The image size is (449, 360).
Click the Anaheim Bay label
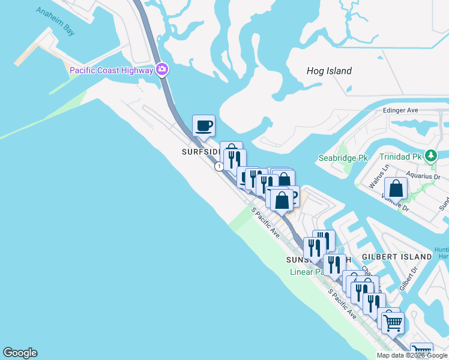coord(55,21)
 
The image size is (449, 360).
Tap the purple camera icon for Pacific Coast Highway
coord(161,70)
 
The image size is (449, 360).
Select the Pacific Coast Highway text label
coord(112,70)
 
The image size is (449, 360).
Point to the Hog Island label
coord(329,71)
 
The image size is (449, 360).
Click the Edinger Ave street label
coord(400,110)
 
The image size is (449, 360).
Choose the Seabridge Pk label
coord(342,158)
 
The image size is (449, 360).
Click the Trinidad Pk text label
coord(400,157)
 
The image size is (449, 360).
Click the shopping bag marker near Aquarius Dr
coord(396,188)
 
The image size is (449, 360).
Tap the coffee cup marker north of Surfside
coord(203,126)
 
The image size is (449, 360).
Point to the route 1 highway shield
coord(220,166)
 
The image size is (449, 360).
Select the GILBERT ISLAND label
coord(397,257)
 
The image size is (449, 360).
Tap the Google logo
coord(20,353)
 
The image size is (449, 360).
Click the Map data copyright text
coord(412,355)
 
